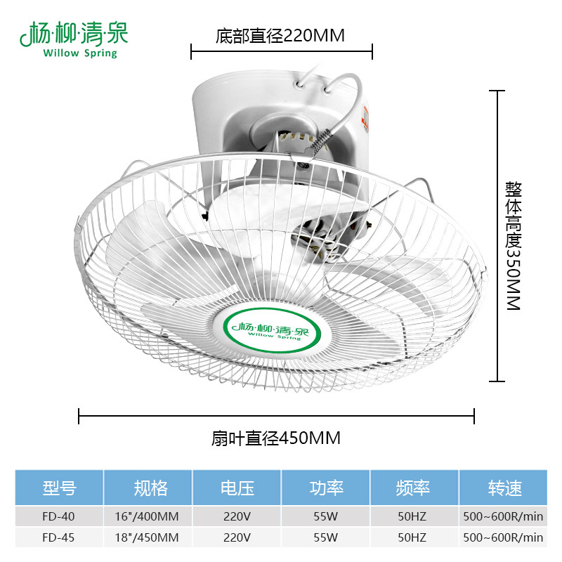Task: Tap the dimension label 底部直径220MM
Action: [x=280, y=36]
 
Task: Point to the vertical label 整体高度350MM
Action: [x=512, y=246]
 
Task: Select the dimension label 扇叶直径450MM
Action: [x=276, y=439]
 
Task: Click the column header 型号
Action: [x=59, y=488]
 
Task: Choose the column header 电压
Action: [x=237, y=488]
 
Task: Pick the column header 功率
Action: [x=325, y=488]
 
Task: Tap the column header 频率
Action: [x=414, y=488]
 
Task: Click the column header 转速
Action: [x=503, y=488]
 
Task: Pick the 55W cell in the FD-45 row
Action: [x=325, y=538]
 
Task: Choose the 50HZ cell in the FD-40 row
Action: [x=414, y=516]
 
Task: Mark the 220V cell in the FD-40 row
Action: [x=237, y=516]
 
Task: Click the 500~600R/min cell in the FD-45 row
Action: [x=503, y=538]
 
